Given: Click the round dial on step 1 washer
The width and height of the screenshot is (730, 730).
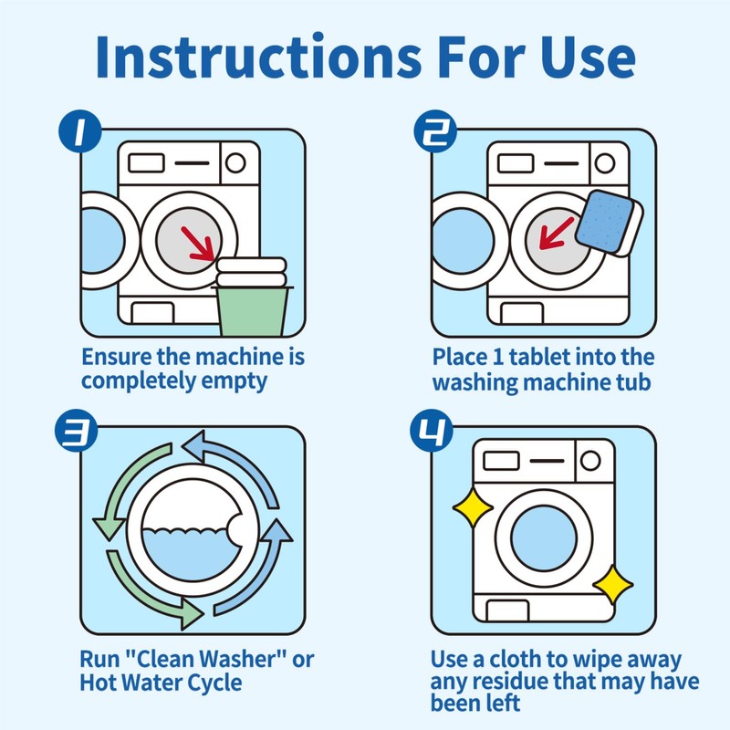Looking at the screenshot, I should [235, 163].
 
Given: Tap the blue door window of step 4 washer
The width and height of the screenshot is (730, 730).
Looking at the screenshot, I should [545, 534].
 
